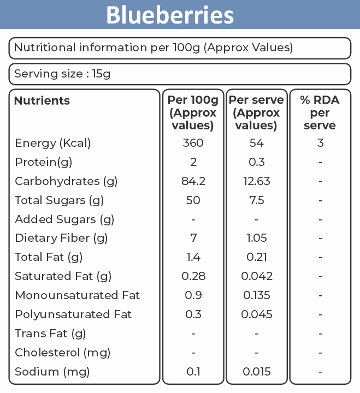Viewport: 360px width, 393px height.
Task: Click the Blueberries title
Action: [170, 15]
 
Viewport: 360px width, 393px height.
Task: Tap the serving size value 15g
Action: [101, 74]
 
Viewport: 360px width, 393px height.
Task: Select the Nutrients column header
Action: [42, 101]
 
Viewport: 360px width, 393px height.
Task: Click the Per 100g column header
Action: [193, 112]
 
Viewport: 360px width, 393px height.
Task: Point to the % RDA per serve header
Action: [320, 112]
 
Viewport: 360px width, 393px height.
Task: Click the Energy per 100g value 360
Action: [193, 143]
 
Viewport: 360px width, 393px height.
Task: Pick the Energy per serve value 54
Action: [256, 143]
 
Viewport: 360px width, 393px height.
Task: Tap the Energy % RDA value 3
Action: [320, 143]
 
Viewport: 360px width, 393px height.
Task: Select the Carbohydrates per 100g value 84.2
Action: [193, 181]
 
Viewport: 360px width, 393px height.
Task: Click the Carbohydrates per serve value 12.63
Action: [257, 181]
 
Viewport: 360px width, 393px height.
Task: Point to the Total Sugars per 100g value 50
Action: [193, 200]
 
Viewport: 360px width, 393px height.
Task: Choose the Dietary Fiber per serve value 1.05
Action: [257, 238]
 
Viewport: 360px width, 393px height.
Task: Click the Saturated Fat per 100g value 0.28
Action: [193, 276]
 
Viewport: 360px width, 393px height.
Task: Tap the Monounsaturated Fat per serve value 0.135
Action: [257, 295]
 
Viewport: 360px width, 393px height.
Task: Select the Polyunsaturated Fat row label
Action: [73, 314]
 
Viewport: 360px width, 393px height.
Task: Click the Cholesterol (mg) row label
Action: [62, 353]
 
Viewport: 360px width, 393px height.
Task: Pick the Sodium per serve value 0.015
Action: [257, 372]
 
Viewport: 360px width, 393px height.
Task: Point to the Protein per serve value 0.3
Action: [257, 162]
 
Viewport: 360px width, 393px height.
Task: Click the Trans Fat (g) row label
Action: [50, 334]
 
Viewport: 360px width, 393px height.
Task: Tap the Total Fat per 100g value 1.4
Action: [193, 257]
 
